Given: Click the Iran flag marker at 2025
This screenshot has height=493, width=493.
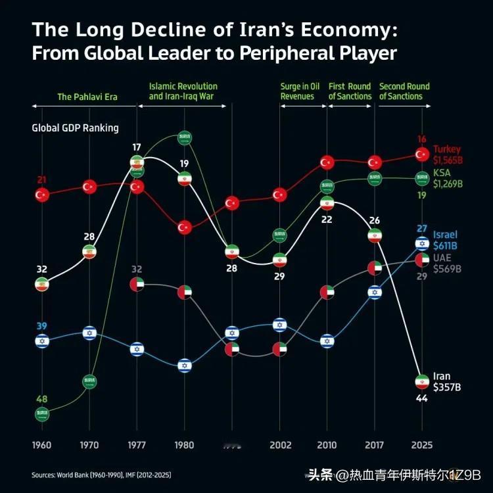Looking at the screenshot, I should click(423, 381).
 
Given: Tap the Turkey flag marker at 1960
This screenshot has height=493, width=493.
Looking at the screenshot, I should click(42, 195).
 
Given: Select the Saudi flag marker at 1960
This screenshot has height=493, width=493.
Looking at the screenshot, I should click(42, 414).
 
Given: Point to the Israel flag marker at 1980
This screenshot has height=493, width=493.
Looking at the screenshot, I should click(185, 365).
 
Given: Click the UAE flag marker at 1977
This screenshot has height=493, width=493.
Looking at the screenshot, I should click(137, 285).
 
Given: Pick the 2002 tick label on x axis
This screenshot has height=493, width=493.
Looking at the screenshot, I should click(279, 445).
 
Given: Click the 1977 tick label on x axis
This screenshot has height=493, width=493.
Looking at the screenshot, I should click(137, 445).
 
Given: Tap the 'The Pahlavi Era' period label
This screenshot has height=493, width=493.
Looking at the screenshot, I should click(87, 97).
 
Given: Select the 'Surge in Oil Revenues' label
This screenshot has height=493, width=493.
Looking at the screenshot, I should click(299, 91).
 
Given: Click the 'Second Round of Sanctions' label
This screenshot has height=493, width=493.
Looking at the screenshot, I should click(404, 91).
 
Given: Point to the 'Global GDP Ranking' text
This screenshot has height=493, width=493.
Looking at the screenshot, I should click(75, 128).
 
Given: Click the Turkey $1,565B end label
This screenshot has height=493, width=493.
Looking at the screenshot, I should click(447, 154).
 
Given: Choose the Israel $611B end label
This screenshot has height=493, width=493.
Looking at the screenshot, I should click(445, 241).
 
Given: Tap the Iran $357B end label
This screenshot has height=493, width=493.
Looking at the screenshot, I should click(447, 382).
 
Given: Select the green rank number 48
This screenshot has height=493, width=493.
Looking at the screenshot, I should click(41, 399).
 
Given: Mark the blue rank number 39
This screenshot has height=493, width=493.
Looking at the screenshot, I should click(41, 327).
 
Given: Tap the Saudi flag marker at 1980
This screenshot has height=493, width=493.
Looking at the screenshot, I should click(185, 138).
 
